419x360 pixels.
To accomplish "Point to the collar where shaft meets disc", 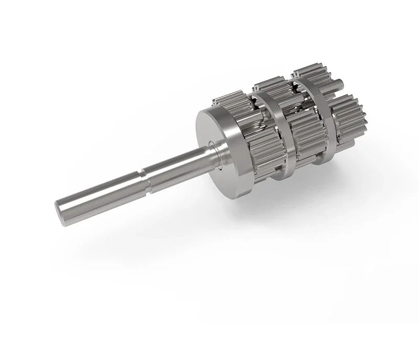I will [212, 149].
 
